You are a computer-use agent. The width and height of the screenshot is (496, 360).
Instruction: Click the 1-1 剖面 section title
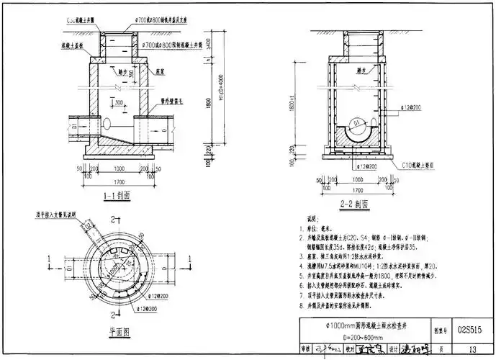[116, 194]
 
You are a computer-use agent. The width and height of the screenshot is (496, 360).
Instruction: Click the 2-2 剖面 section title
[353, 204]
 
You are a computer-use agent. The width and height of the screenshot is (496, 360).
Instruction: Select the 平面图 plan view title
[116, 333]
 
